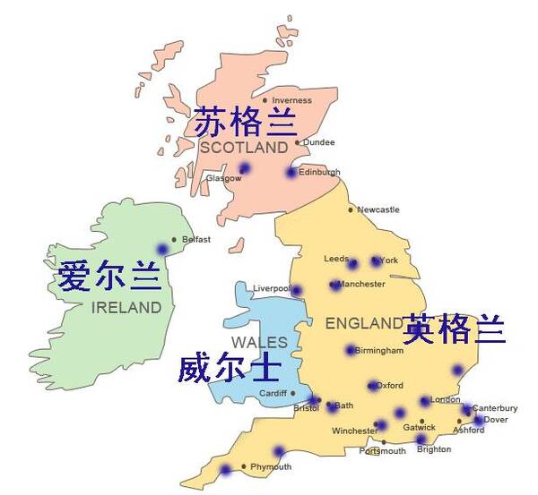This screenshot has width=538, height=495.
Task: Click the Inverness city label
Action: pos(292,100)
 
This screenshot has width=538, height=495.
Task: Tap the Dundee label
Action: pos(319,142)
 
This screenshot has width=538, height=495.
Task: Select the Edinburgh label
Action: pos(319,172)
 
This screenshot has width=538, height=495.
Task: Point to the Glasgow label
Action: pos(223,178)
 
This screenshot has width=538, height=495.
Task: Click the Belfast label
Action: pos(196,239)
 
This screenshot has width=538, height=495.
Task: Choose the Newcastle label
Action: pos(378,209)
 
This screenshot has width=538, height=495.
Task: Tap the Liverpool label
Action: pos(273,288)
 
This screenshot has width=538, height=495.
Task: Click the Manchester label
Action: pos(361,285)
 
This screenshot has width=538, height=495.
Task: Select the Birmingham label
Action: pos(381,350)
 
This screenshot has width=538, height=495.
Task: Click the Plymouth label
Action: pos(271,466)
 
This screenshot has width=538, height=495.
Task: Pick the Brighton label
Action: pos(434,449)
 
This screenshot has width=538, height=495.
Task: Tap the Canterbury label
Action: pos(495,408)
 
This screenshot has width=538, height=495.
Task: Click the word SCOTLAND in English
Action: pos(244,147)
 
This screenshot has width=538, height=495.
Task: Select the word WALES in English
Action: pos(260,343)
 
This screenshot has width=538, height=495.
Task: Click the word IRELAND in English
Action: pos(126,307)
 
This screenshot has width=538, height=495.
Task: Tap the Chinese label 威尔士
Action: pos(230,368)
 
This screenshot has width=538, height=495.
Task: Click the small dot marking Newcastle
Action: pos(351,210)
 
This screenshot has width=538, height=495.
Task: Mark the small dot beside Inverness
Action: pos(265,100)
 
